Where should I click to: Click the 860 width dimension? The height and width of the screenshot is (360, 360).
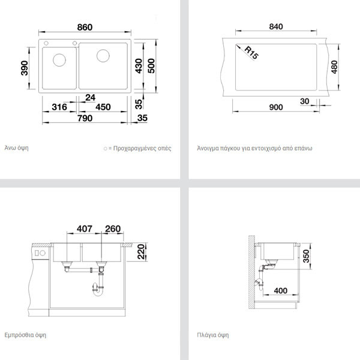pos(85,28)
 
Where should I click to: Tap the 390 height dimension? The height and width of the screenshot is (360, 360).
pos(25,68)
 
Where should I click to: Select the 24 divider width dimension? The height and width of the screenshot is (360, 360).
pos(90,98)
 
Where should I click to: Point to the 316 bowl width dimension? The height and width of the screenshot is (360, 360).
pos(59,107)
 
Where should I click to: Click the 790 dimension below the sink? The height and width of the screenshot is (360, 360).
pos(85,118)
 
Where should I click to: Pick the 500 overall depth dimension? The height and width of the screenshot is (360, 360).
pos(151,66)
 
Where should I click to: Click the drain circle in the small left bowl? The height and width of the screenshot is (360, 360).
pos(59,60)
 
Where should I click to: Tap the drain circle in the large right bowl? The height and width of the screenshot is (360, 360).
pos(103,56)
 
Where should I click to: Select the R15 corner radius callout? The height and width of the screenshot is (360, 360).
pos(251,53)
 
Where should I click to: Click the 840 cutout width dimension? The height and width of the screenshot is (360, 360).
pos(276,26)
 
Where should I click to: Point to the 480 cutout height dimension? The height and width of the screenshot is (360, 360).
pos(335,67)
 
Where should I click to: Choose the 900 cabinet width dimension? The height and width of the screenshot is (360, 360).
pos(276,107)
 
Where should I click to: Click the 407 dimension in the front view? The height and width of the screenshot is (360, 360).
pos(85,229)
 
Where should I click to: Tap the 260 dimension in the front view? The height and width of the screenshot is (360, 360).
pos(113,229)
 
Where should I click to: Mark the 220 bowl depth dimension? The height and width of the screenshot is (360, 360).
pos(141,252)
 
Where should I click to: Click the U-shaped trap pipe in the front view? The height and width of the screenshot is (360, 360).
pos(98,290)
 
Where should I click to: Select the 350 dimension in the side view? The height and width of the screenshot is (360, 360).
pos(306,256)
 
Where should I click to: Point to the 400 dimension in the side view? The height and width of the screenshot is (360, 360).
pos(281,290)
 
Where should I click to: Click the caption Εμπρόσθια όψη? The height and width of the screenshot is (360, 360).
pos(25,335)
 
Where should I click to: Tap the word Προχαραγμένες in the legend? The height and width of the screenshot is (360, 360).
pos(134,148)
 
